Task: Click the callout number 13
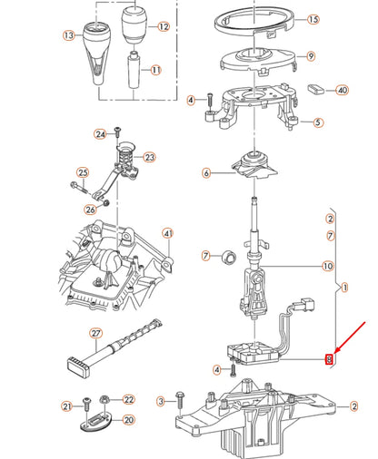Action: click(x=67, y=36)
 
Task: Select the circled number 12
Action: click(x=164, y=27)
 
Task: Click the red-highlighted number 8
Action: click(x=330, y=359)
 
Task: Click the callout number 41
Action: click(x=167, y=234)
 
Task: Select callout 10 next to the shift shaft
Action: click(x=328, y=267)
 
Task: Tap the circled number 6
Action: click(x=206, y=172)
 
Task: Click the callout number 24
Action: click(x=101, y=134)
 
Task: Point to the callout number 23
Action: click(x=150, y=156)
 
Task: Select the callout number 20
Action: click(x=127, y=420)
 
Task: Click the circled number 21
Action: click(x=65, y=405)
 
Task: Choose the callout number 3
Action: click(x=161, y=400)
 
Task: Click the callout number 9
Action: click(x=311, y=55)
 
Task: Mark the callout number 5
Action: click(x=317, y=122)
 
